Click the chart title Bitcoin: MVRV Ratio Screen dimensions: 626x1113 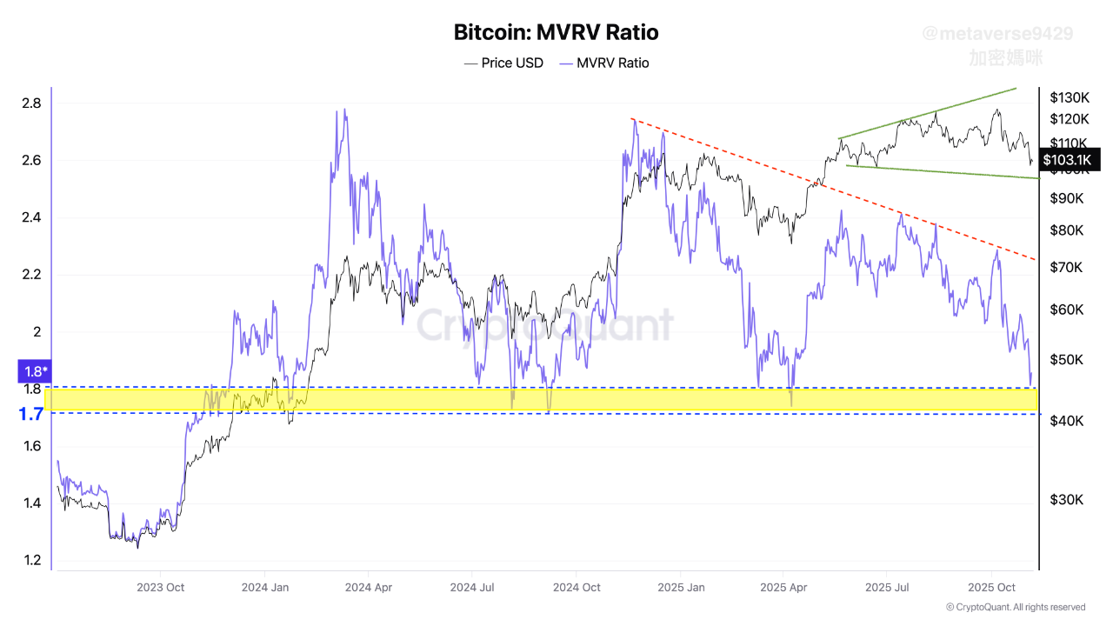(556, 33)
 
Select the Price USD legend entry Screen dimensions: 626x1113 (504, 63)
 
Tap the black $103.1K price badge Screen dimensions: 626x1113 (1070, 159)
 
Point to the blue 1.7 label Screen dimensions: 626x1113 (32, 415)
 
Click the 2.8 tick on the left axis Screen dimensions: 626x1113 (31, 103)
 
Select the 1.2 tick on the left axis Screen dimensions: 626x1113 (31, 560)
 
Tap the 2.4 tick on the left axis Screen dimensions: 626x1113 (31, 217)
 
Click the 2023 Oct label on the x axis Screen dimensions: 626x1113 (160, 587)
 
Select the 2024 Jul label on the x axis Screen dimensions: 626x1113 (473, 587)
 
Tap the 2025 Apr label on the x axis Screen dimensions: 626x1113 (784, 587)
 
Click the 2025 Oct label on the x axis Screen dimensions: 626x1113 (992, 587)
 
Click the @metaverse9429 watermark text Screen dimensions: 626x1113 (997, 34)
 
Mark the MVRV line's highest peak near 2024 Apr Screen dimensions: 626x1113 (345, 110)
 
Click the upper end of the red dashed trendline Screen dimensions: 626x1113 (633, 119)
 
